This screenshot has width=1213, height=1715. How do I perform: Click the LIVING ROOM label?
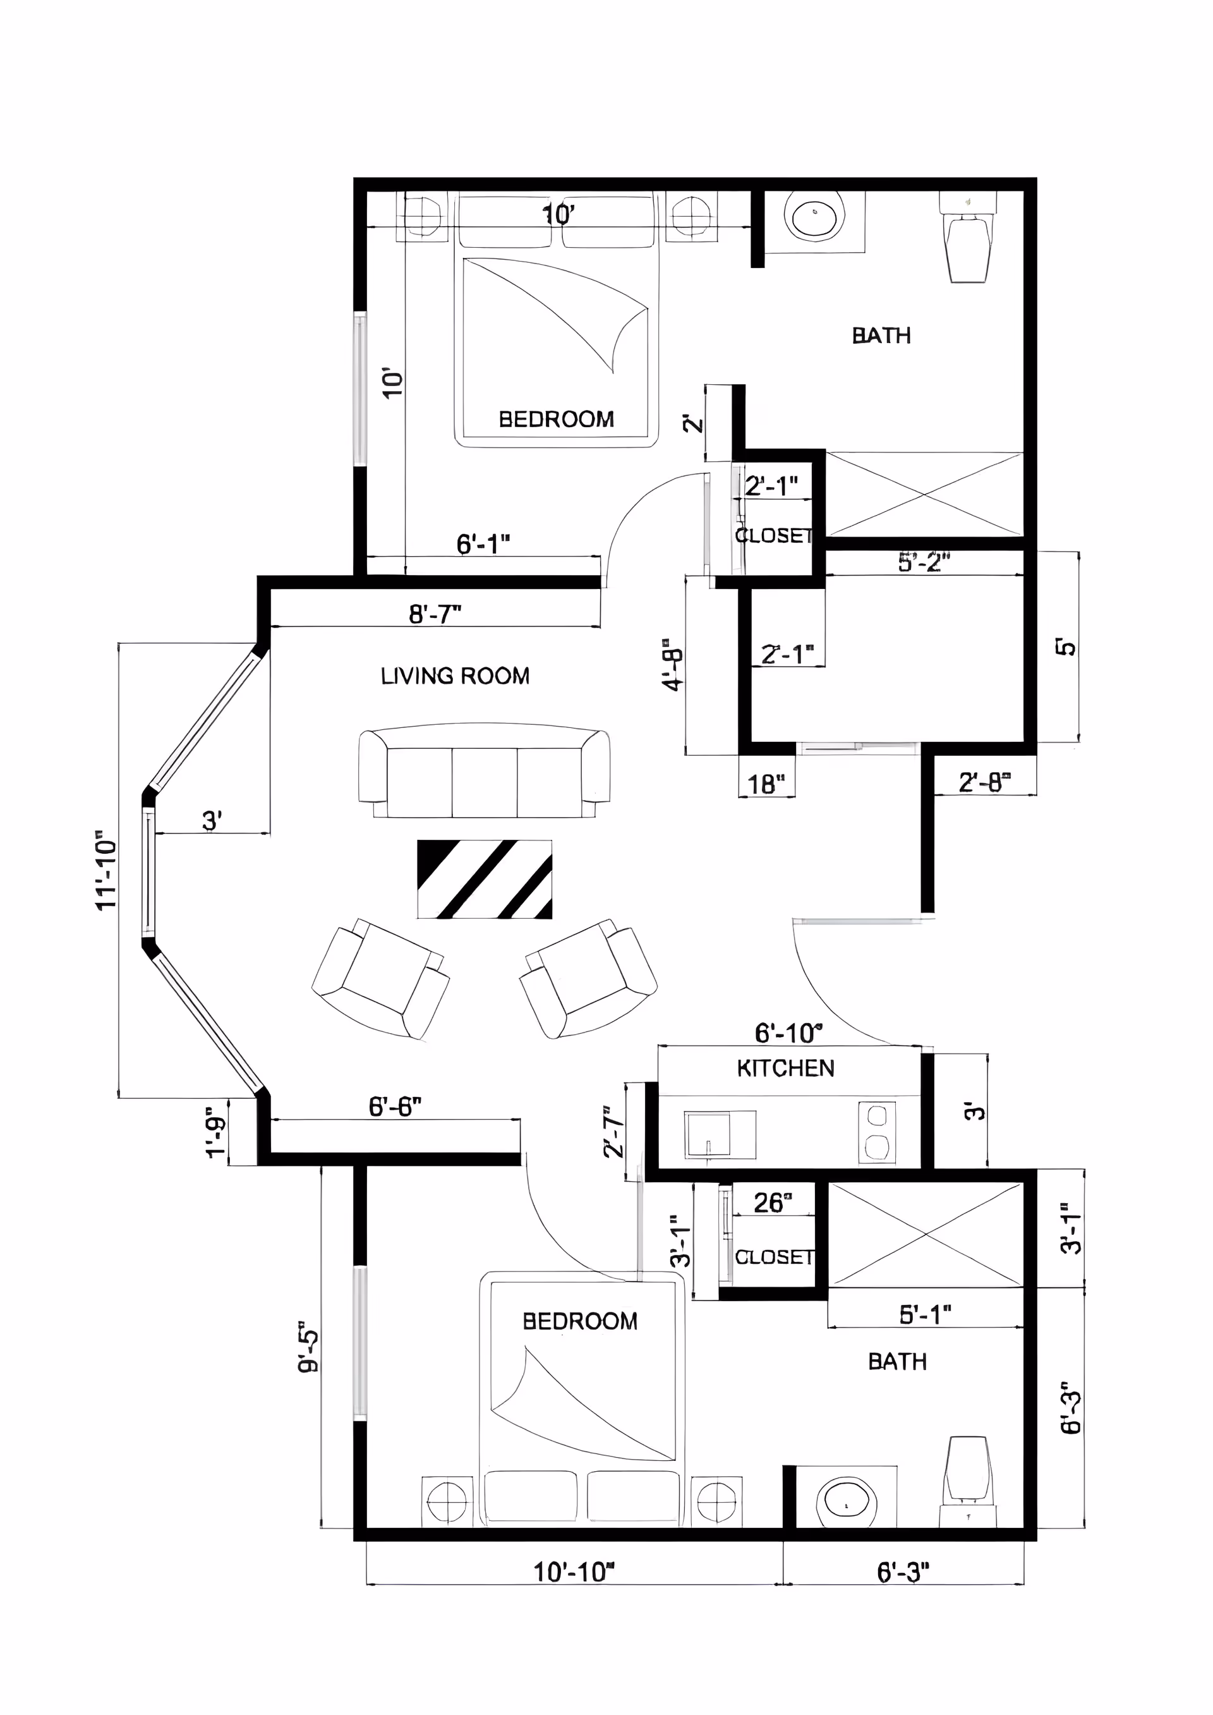coord(455,676)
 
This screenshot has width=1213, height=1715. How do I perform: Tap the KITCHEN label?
coord(785,1068)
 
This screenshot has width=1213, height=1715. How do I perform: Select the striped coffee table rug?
coord(484,879)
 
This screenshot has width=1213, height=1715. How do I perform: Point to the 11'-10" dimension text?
coord(107,870)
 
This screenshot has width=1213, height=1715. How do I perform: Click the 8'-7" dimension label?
coord(435,614)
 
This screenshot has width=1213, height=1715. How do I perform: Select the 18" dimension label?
coord(766,784)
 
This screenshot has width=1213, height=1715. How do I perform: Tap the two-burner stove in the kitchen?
coord(878,1132)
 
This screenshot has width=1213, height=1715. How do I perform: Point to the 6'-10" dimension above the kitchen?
coord(788,1033)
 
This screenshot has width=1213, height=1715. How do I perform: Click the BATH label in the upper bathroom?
coord(881,336)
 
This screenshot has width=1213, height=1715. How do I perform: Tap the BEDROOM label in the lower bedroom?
coord(579,1321)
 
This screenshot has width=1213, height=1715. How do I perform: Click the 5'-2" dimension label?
coord(924,562)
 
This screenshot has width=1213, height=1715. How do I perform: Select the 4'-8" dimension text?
coord(673,664)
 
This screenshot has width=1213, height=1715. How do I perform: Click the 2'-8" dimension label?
coord(984,783)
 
